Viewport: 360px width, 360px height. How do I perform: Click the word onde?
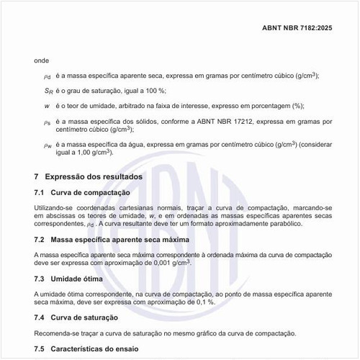coord(42,60)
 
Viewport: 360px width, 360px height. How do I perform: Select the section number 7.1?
coord(40,192)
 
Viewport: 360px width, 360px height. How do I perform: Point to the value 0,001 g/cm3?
coord(169,264)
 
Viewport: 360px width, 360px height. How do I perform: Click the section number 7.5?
coord(40,348)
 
